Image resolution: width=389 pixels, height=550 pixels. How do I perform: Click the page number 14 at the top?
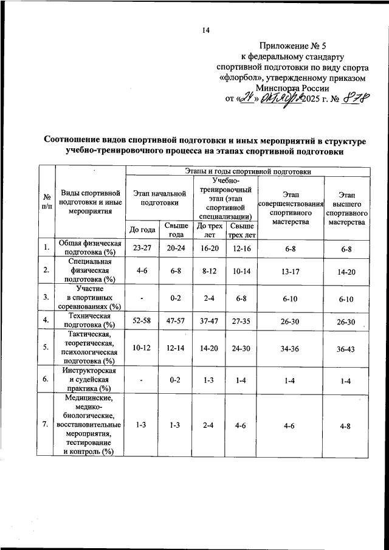(x=205, y=31)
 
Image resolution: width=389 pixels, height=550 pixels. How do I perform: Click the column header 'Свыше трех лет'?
(x=242, y=229)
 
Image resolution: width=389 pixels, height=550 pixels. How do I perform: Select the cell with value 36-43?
(x=346, y=346)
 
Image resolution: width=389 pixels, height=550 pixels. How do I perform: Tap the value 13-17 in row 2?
(x=292, y=271)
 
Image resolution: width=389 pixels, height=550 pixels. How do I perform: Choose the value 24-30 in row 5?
(x=242, y=346)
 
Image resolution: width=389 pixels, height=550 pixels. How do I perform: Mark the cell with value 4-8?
(x=346, y=425)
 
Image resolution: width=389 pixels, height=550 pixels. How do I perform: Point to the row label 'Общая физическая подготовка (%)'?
(x=89, y=248)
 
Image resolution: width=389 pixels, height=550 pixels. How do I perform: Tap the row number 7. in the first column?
(x=46, y=425)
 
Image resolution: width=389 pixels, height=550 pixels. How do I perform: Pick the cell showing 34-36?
(x=292, y=346)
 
